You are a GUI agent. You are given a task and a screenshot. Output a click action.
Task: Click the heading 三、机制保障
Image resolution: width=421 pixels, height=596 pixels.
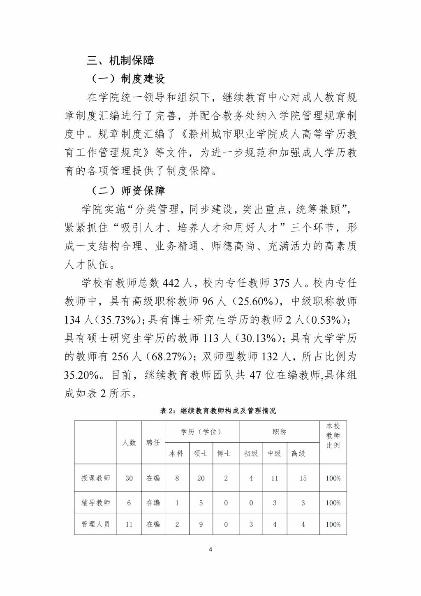click(x=120, y=61)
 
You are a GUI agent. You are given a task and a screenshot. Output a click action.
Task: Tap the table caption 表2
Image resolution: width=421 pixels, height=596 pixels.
click(x=218, y=411)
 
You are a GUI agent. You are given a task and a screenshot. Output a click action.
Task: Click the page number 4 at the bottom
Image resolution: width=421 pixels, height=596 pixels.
click(x=210, y=549)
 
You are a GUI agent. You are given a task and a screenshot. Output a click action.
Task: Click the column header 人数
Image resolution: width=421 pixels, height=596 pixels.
click(x=129, y=443)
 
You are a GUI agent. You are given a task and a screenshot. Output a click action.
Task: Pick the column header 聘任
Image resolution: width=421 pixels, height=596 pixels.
click(x=153, y=443)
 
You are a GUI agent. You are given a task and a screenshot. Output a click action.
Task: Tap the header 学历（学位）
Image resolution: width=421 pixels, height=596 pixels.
click(x=201, y=432)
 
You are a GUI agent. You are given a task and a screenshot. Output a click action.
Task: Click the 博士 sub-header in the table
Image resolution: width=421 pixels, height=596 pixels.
click(x=224, y=454)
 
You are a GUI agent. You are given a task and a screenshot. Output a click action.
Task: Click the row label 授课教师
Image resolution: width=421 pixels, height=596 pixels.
click(x=96, y=478)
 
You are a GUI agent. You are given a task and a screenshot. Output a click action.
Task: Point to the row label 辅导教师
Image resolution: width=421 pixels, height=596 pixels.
click(x=96, y=503)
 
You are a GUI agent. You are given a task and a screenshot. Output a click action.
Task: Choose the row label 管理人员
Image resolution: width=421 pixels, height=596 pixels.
click(x=96, y=524)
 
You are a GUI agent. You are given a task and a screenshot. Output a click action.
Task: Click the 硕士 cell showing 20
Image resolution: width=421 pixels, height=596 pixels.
click(x=201, y=478)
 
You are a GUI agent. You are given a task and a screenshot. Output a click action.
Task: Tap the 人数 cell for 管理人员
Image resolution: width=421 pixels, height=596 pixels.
click(x=129, y=524)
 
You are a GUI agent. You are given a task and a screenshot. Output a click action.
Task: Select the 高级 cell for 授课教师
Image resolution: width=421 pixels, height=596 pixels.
click(x=303, y=478)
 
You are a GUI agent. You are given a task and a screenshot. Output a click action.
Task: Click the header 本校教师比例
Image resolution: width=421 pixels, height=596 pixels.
click(x=333, y=436)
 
